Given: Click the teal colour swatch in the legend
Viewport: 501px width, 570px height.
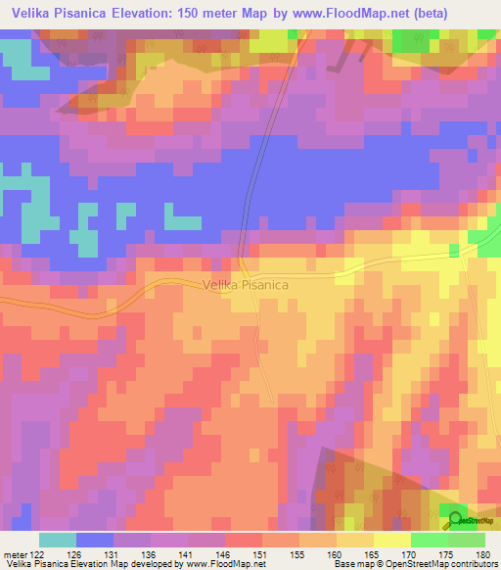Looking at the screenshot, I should coord(58,540).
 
